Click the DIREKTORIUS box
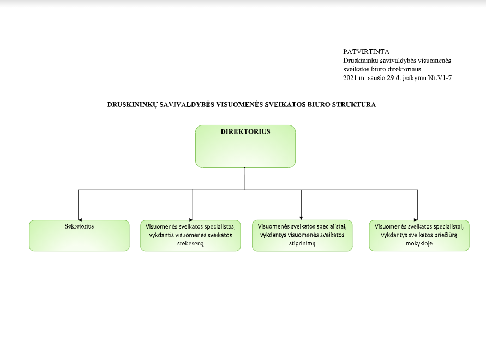click(x=245, y=146)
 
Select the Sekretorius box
click(x=79, y=236)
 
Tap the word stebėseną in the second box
click(x=190, y=244)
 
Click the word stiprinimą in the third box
click(x=302, y=244)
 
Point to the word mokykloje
click(x=419, y=243)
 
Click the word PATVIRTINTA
click(x=366, y=52)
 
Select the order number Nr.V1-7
click(x=440, y=78)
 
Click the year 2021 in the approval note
click(x=350, y=78)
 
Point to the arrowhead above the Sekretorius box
click(x=80, y=220)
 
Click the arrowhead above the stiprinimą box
click(x=301, y=218)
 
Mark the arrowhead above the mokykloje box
click(x=416, y=220)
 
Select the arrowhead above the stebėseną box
click(x=191, y=220)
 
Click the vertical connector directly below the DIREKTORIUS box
click(x=244, y=179)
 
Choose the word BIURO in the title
click(x=319, y=105)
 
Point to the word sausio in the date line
click(x=376, y=78)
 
